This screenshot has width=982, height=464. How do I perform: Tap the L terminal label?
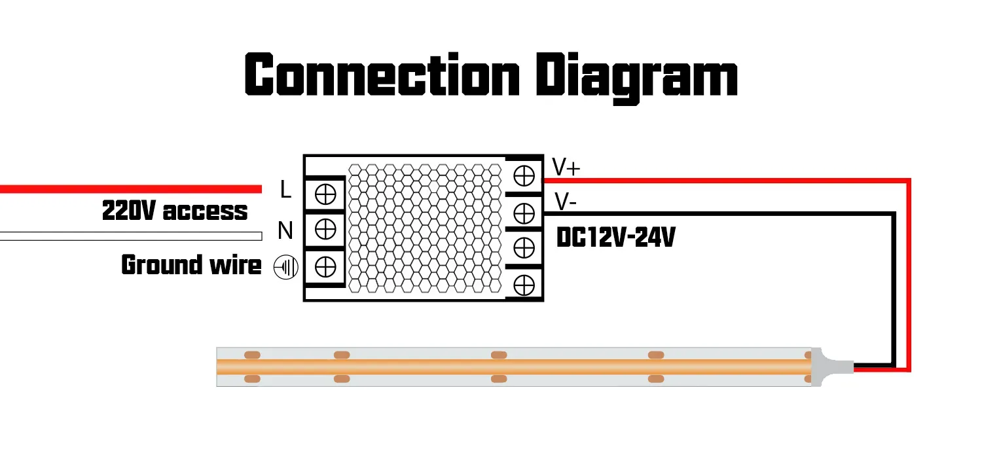(285, 190)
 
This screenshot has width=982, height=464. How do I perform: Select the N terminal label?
(285, 230)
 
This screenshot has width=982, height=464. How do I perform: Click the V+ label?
(566, 168)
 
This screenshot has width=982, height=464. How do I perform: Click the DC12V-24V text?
(615, 238)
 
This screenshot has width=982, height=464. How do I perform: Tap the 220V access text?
(175, 211)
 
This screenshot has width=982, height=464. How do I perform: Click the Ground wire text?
(191, 266)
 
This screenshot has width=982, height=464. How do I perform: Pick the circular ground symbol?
(286, 267)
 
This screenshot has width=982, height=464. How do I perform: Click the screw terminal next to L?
(325, 194)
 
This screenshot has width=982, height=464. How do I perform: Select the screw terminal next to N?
(325, 229)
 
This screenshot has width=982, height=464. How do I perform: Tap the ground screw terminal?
(325, 266)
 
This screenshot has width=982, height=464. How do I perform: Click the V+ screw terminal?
(524, 176)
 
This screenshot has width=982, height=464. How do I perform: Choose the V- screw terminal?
(524, 212)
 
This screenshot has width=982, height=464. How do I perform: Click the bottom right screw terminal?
(524, 285)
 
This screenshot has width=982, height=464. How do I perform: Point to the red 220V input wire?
(131, 189)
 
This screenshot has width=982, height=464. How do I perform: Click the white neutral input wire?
(131, 236)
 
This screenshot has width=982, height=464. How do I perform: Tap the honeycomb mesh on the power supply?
(426, 228)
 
